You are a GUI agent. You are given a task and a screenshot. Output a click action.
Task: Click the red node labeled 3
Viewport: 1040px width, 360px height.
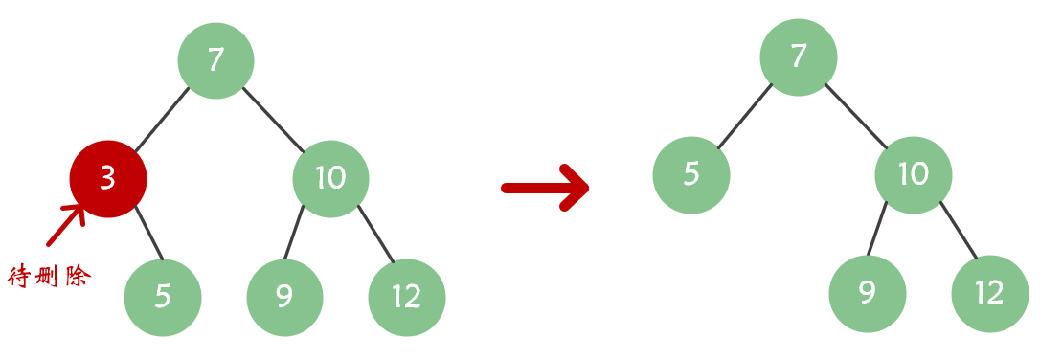coord(108,179)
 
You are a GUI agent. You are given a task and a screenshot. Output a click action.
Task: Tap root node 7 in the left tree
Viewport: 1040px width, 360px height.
coord(215,60)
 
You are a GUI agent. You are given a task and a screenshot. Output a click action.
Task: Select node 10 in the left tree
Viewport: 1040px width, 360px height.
coord(330,179)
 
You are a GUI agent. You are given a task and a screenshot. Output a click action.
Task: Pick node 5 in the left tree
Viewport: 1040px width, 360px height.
coord(163,297)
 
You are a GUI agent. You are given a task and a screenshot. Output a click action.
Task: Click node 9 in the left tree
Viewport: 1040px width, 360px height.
coord(284,297)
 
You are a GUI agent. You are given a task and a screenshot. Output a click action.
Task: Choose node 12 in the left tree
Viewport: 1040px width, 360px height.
coord(407,297)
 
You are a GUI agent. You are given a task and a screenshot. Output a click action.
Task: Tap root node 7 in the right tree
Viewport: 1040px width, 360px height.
coord(799,56)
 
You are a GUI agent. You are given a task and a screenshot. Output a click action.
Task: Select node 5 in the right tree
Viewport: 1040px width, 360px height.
coord(691,174)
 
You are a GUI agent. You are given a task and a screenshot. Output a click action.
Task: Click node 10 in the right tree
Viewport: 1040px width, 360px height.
coord(914,174)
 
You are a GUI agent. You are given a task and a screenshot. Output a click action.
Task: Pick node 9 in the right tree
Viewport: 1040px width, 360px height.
coord(868,293)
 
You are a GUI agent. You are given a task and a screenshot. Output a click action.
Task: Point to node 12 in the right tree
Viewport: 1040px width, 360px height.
coord(990,293)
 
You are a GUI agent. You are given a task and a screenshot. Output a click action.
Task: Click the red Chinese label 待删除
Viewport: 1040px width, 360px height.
coord(49,278)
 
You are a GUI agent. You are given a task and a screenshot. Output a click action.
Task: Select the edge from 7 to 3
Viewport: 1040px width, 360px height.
coord(162,120)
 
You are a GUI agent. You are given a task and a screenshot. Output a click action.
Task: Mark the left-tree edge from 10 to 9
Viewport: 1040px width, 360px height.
coord(295,233)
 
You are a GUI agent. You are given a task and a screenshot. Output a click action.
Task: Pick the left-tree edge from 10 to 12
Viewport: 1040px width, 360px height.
coord(376,234)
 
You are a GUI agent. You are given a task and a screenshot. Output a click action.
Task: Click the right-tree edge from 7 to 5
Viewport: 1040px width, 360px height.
coord(745,116)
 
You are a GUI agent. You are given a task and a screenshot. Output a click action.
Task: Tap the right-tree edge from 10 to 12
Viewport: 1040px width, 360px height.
coord(959,230)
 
